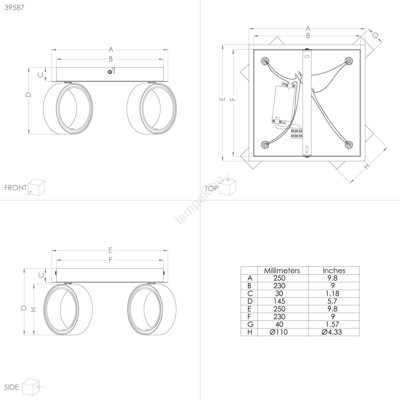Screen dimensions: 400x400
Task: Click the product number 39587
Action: [14, 7]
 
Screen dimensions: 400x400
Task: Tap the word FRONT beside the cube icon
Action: [15, 188]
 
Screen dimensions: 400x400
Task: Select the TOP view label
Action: [211, 188]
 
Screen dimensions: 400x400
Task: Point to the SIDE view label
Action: [11, 387]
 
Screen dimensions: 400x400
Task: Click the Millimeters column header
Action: [282, 270]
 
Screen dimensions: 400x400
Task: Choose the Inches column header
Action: [334, 270]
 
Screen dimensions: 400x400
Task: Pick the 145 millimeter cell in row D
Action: [279, 301]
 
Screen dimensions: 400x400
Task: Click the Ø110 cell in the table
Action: [279, 332]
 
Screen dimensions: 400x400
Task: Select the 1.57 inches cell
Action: [332, 324]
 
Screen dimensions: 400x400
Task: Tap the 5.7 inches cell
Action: [332, 301]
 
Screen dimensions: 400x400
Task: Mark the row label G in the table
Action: [250, 324]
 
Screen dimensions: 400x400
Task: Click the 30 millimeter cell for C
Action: [279, 293]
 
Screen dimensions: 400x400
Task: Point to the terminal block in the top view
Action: [296, 133]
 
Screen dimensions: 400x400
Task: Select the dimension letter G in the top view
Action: [375, 36]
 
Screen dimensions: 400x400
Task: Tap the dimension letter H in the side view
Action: [33, 309]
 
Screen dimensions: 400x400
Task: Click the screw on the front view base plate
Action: [109, 72]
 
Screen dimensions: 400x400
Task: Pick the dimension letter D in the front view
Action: [29, 94]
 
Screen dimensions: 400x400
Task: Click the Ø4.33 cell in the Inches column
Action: [332, 332]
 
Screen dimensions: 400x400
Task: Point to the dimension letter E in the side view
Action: [110, 250]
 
